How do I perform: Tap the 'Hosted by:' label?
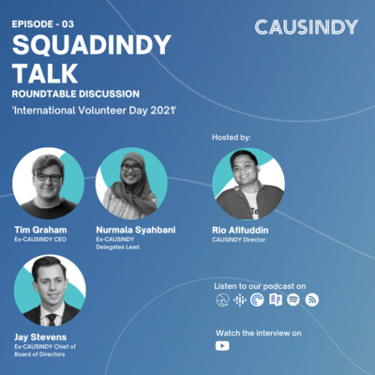(232, 137)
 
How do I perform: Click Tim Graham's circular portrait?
(48, 184)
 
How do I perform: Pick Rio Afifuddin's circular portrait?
(248, 184)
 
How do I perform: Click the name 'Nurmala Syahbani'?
(135, 229)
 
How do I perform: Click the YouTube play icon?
(222, 346)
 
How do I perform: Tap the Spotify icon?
(293, 299)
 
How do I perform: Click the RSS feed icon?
(312, 299)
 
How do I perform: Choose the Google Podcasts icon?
(239, 299)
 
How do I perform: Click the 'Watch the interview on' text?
(260, 332)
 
